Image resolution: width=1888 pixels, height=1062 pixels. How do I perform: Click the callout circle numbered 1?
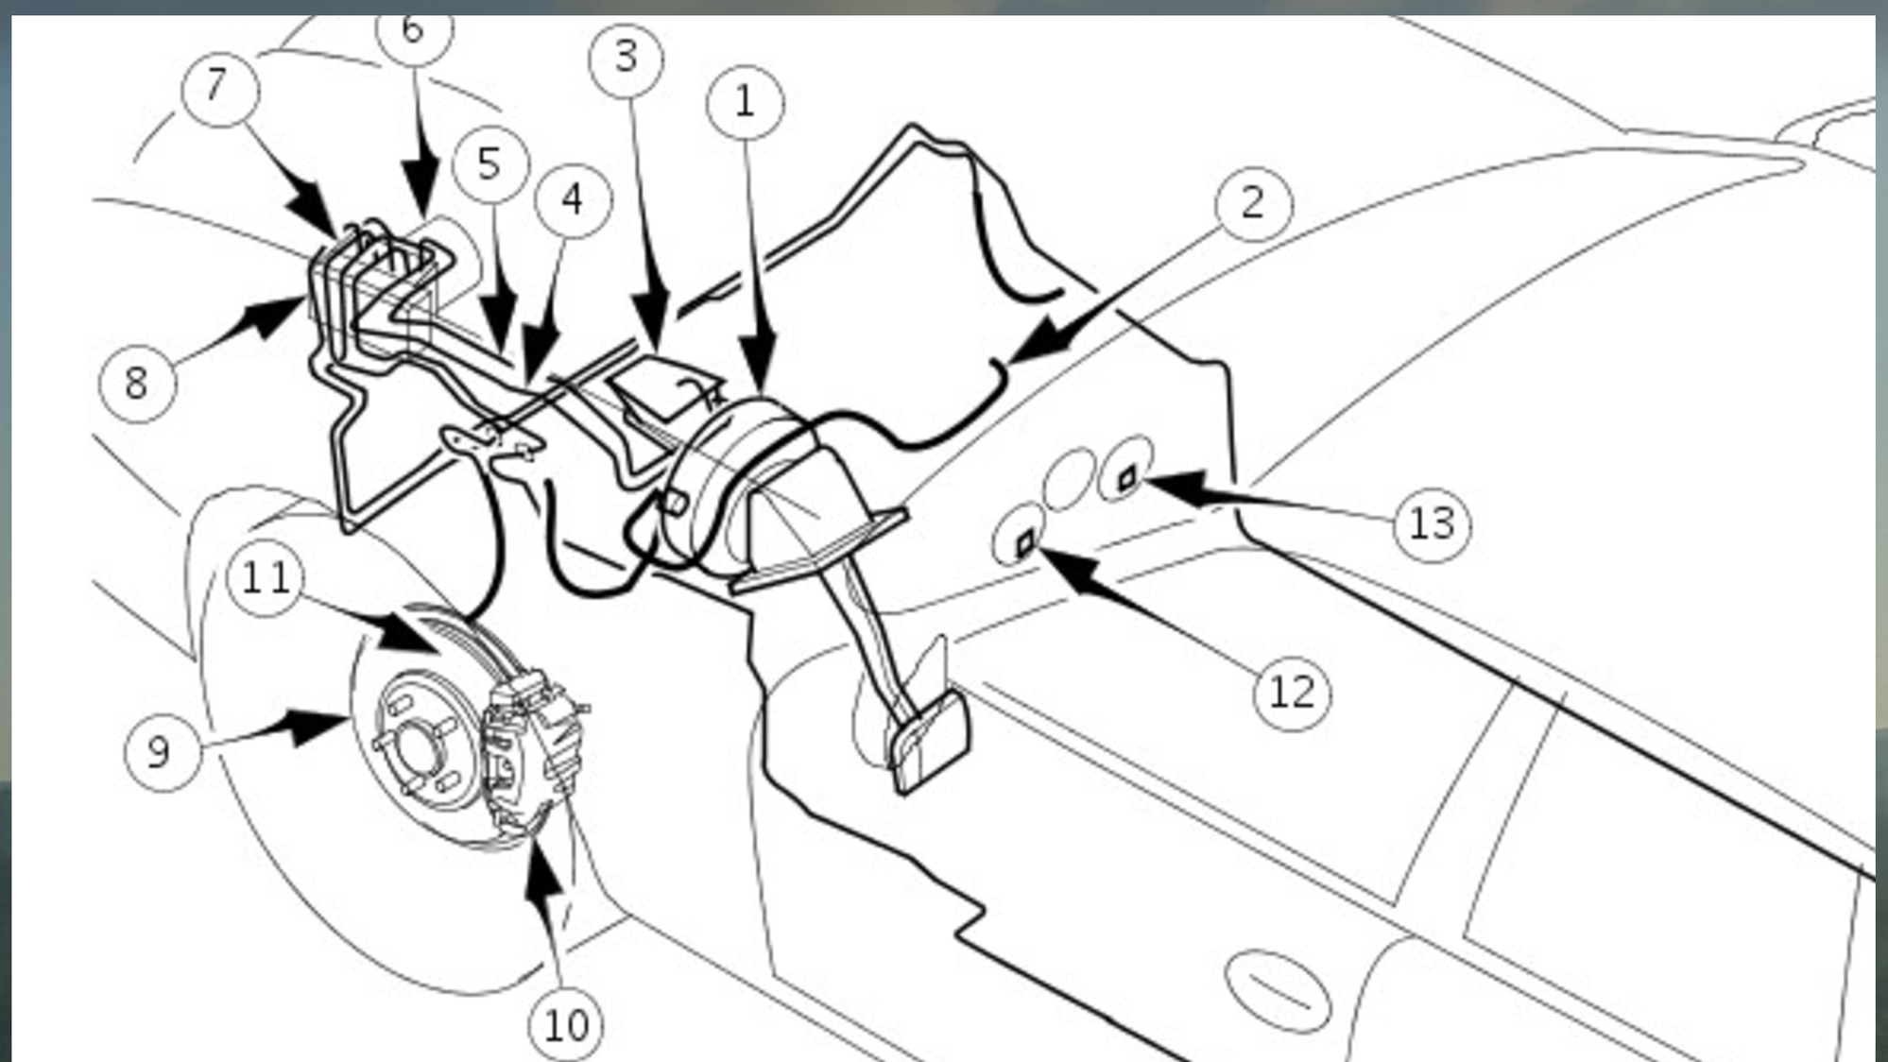(745, 102)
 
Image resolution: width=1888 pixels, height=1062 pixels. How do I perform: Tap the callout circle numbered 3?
(626, 59)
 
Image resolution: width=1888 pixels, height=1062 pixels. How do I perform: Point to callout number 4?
(573, 200)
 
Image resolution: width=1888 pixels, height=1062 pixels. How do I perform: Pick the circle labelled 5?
(489, 164)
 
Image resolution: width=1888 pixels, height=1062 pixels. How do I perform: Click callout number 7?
(219, 88)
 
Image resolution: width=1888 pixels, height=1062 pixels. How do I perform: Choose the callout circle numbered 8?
(137, 384)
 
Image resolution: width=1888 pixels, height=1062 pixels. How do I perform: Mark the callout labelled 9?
(162, 752)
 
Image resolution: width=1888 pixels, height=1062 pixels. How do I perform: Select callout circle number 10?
(566, 1025)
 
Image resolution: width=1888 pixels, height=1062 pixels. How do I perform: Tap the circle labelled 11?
(266, 578)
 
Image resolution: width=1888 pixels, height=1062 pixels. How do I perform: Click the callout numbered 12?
(1292, 694)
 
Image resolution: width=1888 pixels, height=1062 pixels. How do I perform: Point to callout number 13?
(1432, 523)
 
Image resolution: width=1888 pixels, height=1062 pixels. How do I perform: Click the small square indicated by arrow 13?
(1126, 479)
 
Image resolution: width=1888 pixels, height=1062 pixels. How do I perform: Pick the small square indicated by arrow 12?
(1025, 542)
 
